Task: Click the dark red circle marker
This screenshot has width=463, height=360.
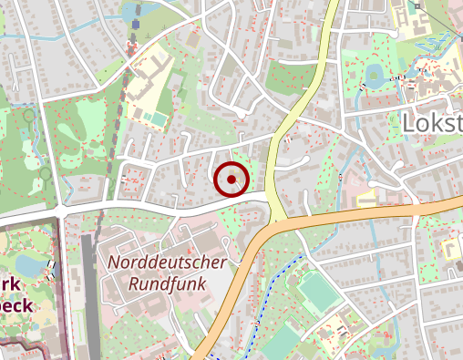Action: [x=231, y=179]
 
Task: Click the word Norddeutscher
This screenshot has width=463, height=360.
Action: [x=167, y=262]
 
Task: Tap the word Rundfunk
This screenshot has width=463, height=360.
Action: [x=156, y=283]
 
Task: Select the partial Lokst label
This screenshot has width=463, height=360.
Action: [x=432, y=124]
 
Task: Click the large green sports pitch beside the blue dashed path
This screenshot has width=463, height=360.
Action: [x=318, y=293]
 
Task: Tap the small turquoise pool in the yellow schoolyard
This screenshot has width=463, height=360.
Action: [x=159, y=118]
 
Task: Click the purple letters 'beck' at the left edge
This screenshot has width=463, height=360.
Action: [x=16, y=305]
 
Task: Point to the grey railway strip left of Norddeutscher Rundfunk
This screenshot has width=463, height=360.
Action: [x=89, y=292]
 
